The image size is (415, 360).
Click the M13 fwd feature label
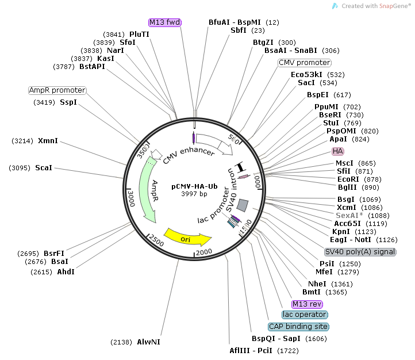(165, 22)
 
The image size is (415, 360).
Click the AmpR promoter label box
(57, 90)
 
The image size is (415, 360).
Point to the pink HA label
(338, 151)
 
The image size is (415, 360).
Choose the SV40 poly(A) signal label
(360, 252)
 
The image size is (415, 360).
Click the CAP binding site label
(299, 327)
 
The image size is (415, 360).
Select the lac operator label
(305, 315)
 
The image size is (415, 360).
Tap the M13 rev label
(308, 304)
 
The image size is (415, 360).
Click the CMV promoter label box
(305, 63)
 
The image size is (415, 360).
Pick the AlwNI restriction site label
(148, 342)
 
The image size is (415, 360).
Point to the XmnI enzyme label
(48, 140)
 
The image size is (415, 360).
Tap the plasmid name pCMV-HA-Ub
(195, 186)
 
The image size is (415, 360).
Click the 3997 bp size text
(195, 194)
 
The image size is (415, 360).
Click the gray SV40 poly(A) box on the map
(243, 205)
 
